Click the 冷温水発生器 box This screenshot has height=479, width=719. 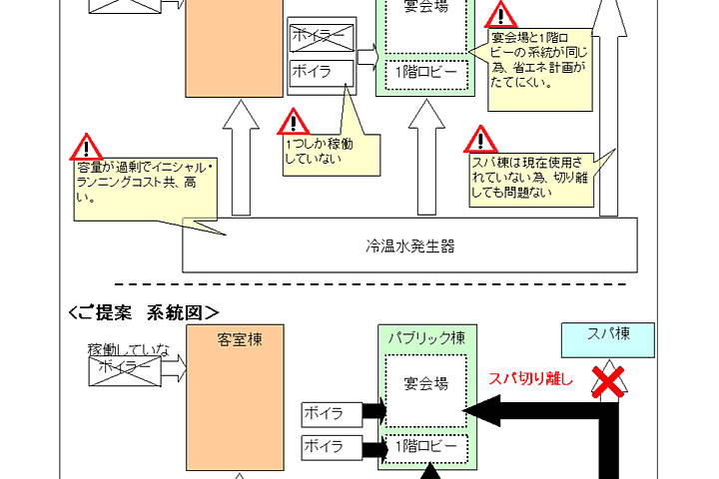coord(410,244)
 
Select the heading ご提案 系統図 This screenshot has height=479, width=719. coord(144,312)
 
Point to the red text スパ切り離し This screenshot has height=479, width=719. coord(530,378)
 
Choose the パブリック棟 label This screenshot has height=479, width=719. coord(425,338)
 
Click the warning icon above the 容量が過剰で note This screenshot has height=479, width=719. coord(87,146)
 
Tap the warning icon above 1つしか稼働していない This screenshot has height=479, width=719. coord(293,123)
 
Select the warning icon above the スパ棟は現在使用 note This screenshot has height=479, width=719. coord(481,139)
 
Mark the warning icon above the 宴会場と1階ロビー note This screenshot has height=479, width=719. coord(500,14)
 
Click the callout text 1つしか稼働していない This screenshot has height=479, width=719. coord(317,151)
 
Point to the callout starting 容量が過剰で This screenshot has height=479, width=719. coord(146,181)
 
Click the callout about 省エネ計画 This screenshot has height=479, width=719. coord(539,60)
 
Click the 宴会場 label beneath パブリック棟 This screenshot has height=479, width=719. coord(425,382)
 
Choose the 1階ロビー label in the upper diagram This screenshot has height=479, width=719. coord(425,74)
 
